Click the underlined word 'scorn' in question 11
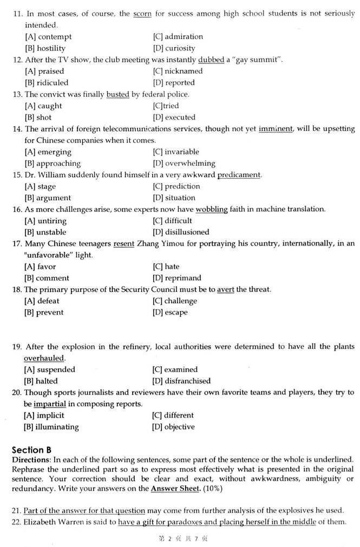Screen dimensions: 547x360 pyautogui.click(x=143, y=14)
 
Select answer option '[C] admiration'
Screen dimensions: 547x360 pyautogui.click(x=178, y=37)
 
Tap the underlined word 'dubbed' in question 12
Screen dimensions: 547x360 pyautogui.click(x=211, y=60)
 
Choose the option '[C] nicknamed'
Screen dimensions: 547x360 pyautogui.click(x=178, y=71)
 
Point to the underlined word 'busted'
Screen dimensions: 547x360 pyautogui.click(x=117, y=94)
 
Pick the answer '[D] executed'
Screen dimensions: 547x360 pyautogui.click(x=174, y=117)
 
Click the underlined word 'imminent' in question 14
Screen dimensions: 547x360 pyautogui.click(x=276, y=129)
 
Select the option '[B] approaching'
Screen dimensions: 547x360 pyautogui.click(x=53, y=163)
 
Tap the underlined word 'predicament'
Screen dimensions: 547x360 pyautogui.click(x=239, y=175)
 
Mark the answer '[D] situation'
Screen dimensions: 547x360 pyautogui.click(x=174, y=198)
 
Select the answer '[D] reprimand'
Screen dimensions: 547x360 pyautogui.click(x=177, y=278)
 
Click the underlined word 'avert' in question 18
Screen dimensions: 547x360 pyautogui.click(x=226, y=290)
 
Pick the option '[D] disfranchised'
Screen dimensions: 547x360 pyautogui.click(x=182, y=381)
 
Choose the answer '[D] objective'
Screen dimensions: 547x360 pyautogui.click(x=174, y=427)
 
